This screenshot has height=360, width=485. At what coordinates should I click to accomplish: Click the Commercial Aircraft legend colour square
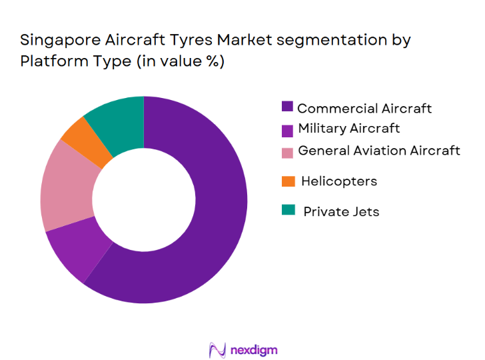pos(288,107)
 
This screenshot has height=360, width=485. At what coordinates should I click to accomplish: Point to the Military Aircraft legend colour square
pos(288,129)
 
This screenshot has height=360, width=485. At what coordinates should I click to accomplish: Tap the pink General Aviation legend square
pos(288,152)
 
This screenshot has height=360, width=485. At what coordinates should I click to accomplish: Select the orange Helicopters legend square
pos(288,181)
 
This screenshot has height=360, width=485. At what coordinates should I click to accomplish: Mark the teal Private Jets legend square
pos(288,211)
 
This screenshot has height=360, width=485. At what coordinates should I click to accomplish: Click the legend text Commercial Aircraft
pos(364,108)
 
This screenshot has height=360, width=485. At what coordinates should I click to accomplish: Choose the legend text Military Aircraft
pos(349,128)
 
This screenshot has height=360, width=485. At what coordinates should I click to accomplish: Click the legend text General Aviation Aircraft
pos(378,151)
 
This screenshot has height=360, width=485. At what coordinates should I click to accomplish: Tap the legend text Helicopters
pos(338,181)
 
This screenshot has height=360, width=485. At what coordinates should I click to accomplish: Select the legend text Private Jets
pos(340,212)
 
